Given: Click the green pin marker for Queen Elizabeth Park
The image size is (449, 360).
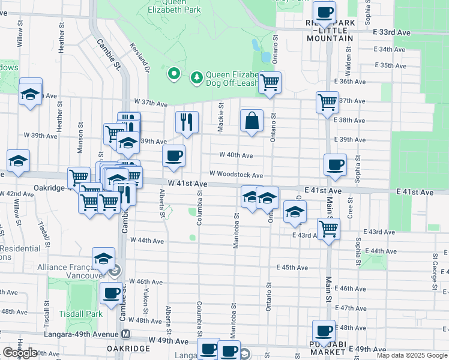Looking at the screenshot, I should (174, 74).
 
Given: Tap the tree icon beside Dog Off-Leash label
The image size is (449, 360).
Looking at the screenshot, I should (196, 77).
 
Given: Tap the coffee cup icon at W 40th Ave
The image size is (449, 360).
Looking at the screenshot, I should (174, 156).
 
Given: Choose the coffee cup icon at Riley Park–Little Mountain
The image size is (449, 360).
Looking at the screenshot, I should (324, 11).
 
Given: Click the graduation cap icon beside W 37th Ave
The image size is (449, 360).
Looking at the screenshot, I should (30, 93).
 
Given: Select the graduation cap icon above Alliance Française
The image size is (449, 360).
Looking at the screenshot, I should (104, 258).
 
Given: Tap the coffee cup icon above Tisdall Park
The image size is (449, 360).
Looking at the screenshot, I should (111, 293).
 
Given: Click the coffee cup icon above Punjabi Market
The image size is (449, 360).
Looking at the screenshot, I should (324, 331).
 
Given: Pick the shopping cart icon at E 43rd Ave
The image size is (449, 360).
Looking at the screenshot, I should (328, 227).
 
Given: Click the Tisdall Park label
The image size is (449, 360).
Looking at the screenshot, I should (81, 314).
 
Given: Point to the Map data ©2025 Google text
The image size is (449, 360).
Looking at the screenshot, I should (412, 355).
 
